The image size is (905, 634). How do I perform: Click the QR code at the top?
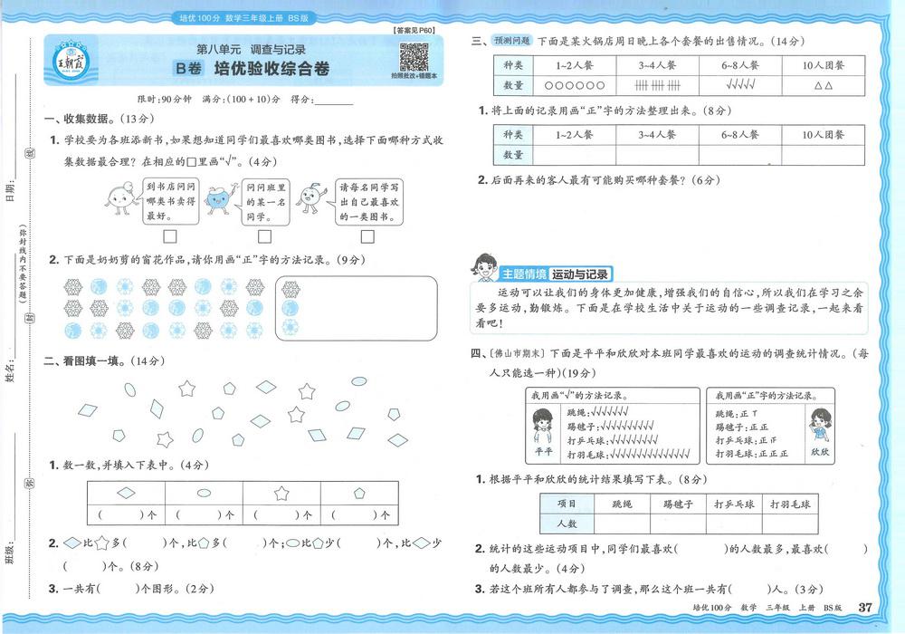click(x=413, y=57)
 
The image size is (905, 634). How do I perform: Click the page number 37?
click(x=865, y=607)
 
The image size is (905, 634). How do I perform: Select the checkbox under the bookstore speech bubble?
click(x=169, y=237)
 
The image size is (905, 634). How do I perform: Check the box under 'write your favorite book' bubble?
click(x=367, y=237)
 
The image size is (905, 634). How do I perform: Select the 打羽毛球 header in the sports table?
click(x=788, y=504)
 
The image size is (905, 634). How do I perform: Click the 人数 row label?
click(x=567, y=524)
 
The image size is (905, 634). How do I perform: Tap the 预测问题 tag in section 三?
click(x=512, y=42)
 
